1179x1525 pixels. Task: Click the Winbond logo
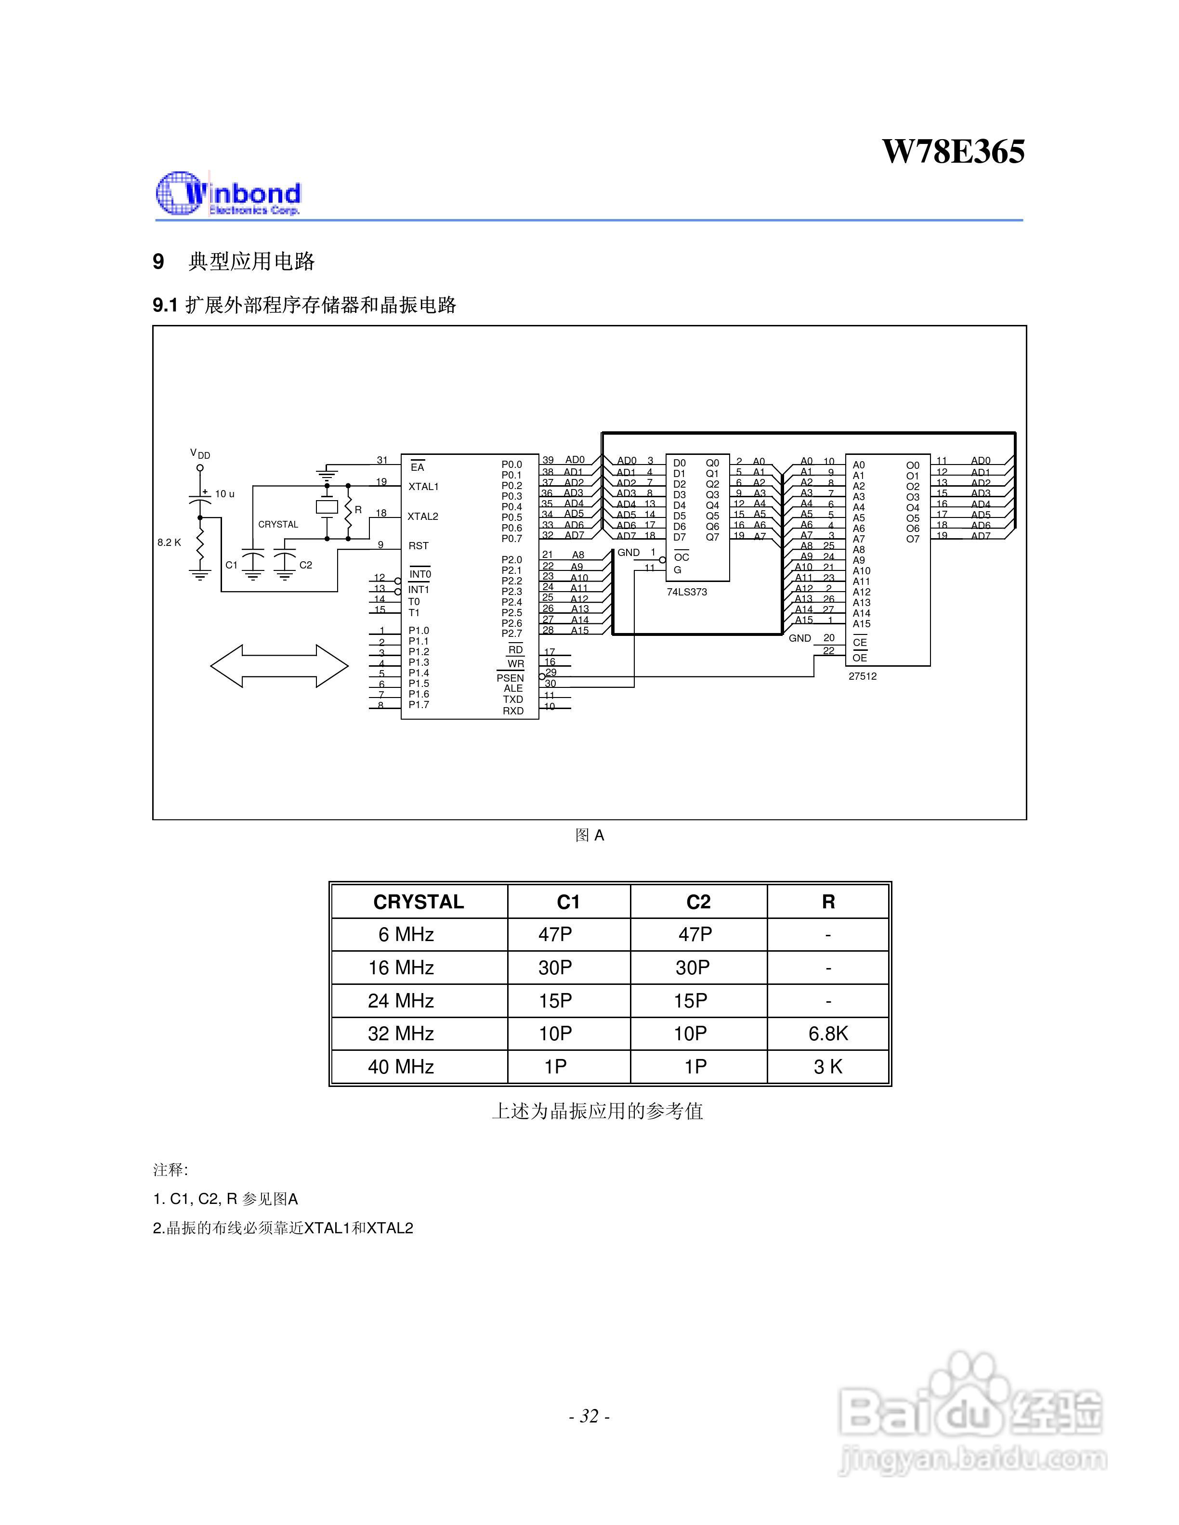228,194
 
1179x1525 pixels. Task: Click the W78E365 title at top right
954,152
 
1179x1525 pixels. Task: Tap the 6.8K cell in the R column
828,1034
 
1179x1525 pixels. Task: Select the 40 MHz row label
401,1066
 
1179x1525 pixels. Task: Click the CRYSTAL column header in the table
419,902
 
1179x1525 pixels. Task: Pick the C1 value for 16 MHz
555,967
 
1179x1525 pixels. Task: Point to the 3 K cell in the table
828,1066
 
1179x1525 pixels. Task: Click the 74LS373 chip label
687,592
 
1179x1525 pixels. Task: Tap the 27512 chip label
863,676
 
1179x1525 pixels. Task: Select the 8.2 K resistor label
169,542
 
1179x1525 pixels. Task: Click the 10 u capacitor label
225,494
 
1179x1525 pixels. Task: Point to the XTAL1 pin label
423,486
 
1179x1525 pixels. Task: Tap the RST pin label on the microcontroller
419,545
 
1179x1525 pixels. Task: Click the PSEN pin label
510,677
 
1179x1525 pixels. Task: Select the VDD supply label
200,454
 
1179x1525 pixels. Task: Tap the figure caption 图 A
589,835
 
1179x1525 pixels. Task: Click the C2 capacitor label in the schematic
306,565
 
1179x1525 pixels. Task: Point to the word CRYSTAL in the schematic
278,524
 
